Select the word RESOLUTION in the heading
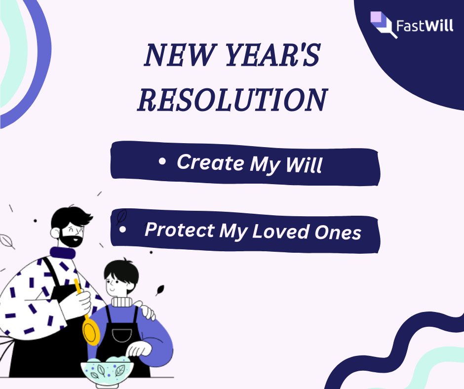tap(232, 100)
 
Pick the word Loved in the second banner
tap(283, 232)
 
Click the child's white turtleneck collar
tap(121, 301)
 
